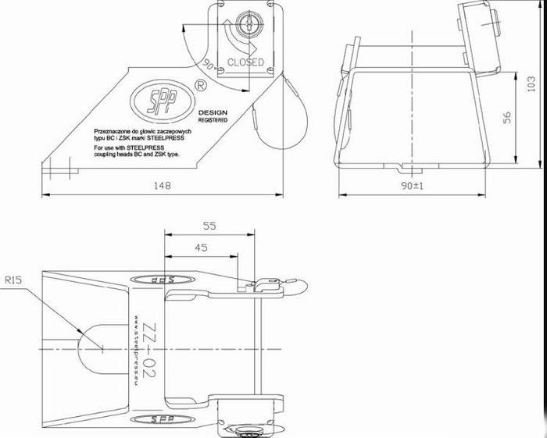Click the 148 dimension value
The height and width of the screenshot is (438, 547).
[162, 186]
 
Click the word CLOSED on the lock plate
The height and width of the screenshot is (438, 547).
[245, 62]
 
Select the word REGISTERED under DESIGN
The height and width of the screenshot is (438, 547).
[213, 121]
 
